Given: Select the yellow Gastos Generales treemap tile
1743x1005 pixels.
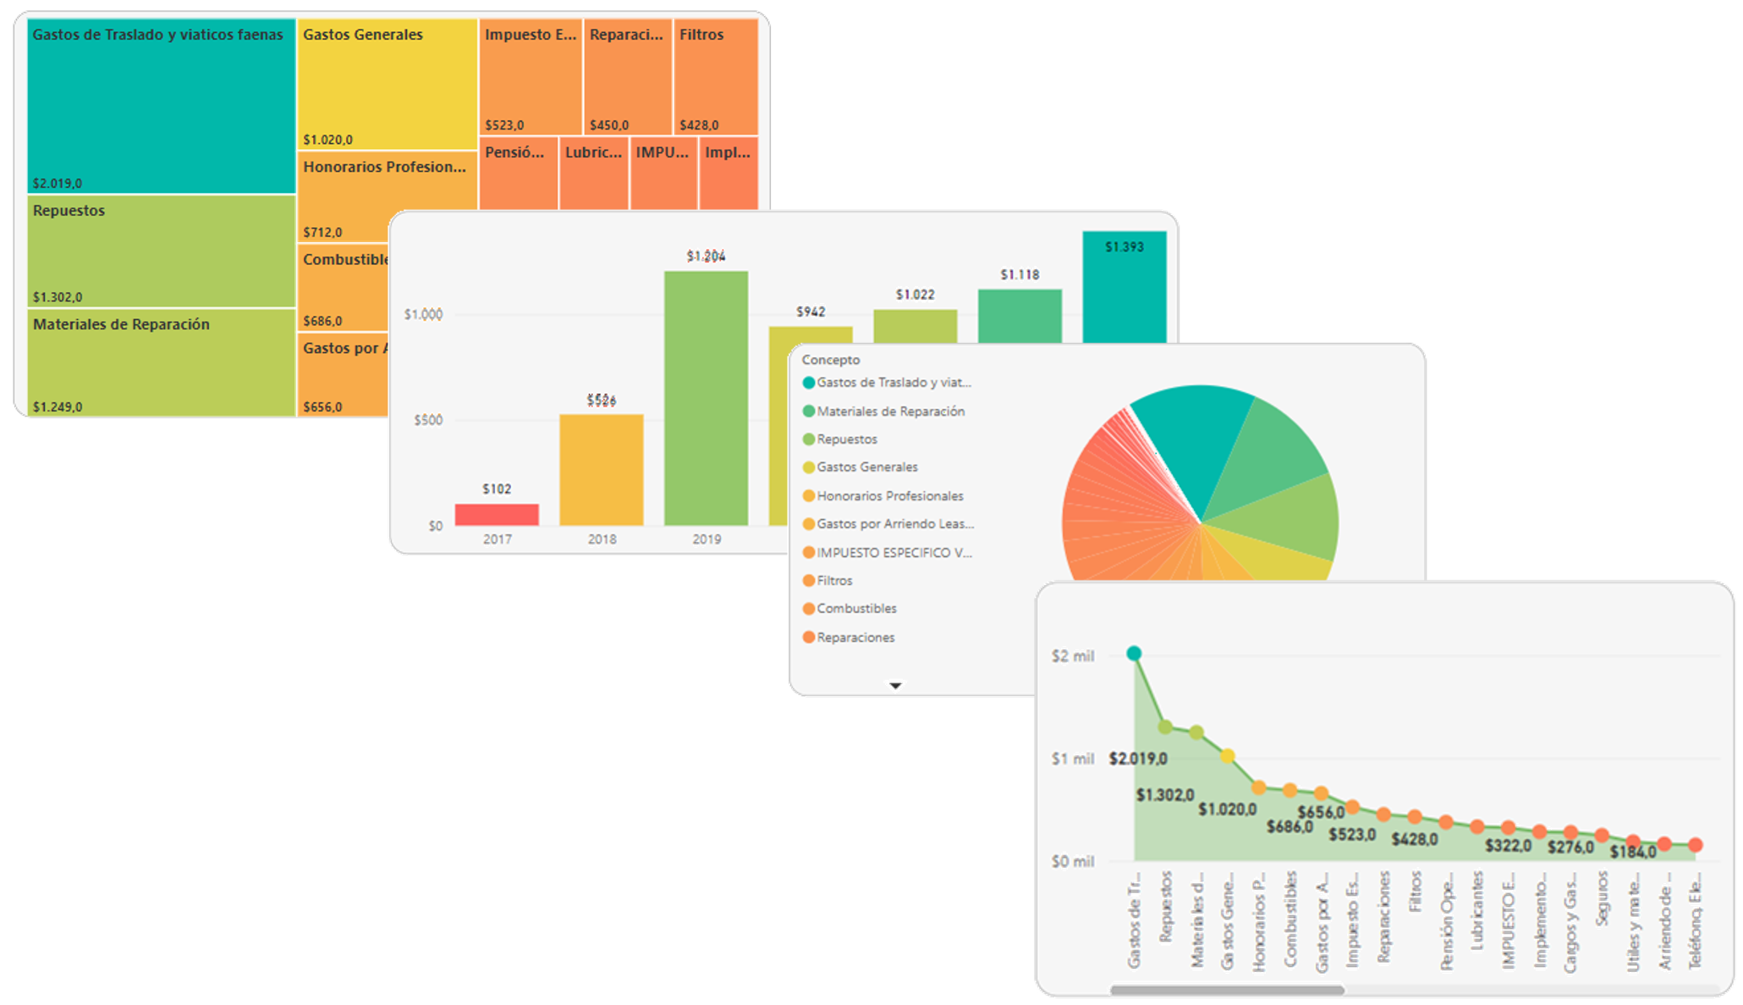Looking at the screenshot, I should [387, 85].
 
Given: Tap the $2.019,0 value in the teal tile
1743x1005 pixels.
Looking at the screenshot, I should [58, 183].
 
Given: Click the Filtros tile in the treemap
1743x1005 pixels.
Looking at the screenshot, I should [715, 76].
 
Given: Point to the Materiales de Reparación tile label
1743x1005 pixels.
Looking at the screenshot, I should [121, 324].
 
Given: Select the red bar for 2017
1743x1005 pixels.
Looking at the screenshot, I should [497, 515].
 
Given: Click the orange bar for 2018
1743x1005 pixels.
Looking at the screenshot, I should [601, 470].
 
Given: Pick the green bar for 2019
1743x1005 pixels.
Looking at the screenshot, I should [706, 398].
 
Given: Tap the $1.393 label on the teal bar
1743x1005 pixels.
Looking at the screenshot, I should [1124, 247].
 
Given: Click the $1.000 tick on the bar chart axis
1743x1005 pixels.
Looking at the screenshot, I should [423, 314].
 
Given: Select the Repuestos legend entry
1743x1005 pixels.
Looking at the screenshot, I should [846, 439].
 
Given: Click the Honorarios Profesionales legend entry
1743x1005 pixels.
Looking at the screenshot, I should [889, 496].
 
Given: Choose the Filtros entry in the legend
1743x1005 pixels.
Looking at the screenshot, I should [834, 581].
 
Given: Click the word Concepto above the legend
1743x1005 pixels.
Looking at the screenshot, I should [830, 360].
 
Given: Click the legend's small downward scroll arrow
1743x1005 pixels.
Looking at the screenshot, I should [895, 685].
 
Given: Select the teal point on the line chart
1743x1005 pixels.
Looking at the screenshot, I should [1134, 654].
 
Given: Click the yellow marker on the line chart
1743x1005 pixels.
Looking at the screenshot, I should [1228, 755].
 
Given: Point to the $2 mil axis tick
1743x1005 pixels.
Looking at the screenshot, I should [1072, 656].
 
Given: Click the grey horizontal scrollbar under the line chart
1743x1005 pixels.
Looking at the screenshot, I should [1227, 989].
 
